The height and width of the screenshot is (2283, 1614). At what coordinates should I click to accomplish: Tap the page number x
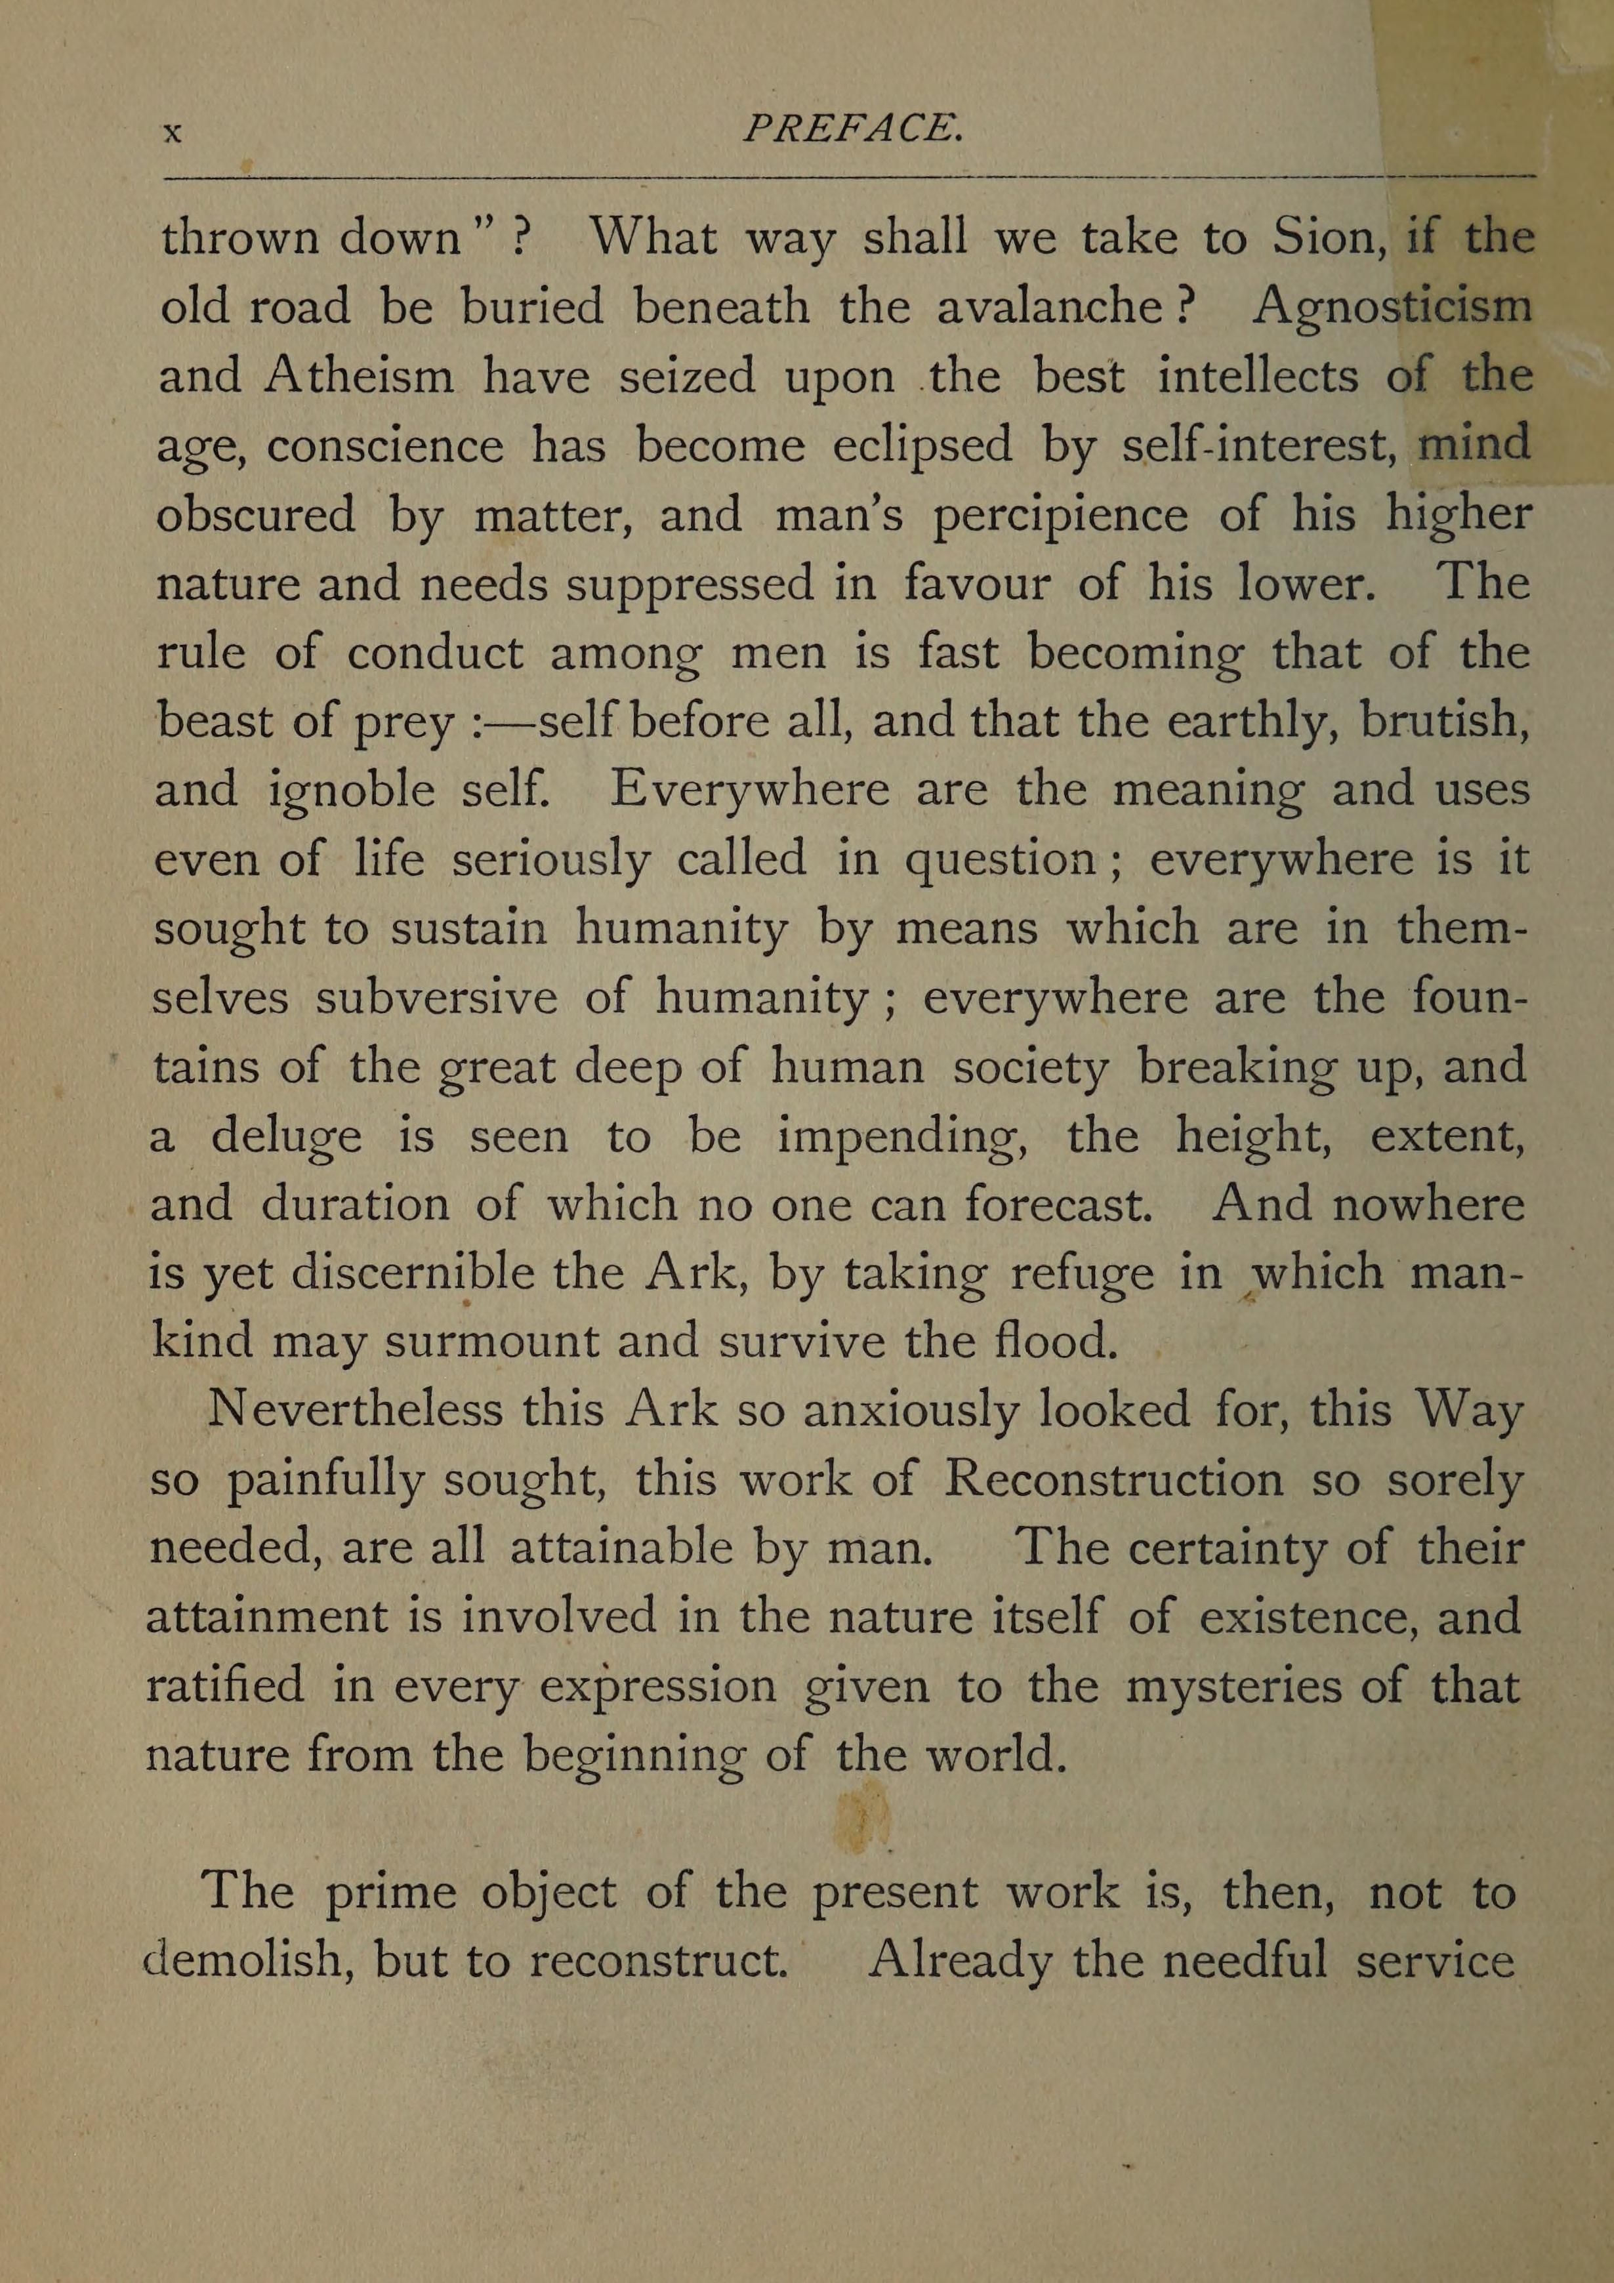pos(172,133)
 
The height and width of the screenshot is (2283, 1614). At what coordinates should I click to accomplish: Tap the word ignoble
pos(352,791)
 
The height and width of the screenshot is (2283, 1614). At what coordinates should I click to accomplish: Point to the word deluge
pos(287,1136)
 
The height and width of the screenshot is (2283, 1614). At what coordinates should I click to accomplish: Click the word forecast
pos(1057,1205)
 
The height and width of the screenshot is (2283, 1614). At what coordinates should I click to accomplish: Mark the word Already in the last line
pos(959,1961)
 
